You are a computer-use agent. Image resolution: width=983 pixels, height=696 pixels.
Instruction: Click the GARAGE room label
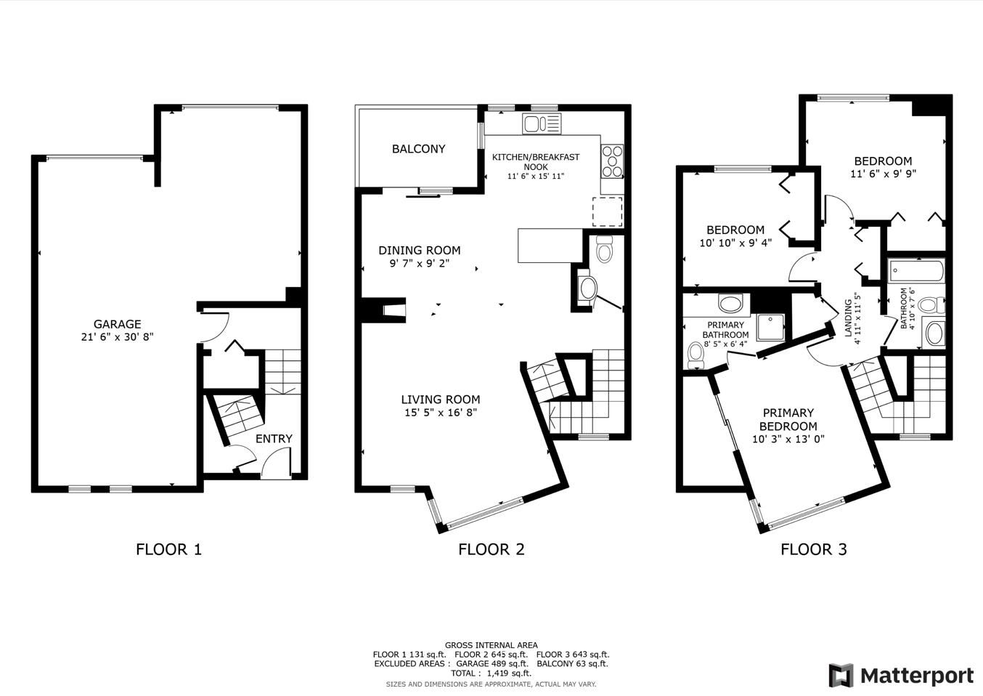(x=117, y=324)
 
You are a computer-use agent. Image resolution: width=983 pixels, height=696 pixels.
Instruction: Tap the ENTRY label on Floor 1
(x=274, y=439)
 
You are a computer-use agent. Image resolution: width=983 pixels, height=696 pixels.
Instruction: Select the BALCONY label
(x=419, y=149)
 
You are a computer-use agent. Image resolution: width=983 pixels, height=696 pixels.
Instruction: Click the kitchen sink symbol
(x=542, y=124)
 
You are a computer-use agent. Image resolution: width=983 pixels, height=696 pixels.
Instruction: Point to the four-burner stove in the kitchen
(x=612, y=161)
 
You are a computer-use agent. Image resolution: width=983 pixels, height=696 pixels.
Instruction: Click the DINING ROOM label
(x=420, y=251)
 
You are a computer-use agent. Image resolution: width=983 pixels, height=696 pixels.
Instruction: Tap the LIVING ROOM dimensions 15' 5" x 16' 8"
(x=441, y=413)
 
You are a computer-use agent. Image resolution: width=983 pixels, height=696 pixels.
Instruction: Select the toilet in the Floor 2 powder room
(x=605, y=249)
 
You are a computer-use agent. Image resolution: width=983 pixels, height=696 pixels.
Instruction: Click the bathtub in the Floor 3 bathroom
(x=916, y=270)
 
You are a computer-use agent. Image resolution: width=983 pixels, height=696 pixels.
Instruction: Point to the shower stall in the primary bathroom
(x=770, y=328)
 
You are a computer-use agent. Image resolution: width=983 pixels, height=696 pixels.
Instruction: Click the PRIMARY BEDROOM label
(x=788, y=419)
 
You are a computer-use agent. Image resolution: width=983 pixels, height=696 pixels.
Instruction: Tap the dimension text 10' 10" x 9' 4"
(x=735, y=243)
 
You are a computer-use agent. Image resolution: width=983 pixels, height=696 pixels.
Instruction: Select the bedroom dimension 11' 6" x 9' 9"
(x=884, y=174)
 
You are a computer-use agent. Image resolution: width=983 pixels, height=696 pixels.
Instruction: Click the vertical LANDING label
(x=848, y=318)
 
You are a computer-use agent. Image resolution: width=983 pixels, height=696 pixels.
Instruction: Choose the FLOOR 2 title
(x=491, y=549)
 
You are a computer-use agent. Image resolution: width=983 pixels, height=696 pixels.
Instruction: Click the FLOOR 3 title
(x=814, y=549)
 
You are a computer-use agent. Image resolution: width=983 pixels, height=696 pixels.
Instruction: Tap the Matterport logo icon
(x=841, y=676)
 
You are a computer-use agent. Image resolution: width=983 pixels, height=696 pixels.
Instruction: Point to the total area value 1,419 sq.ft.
(x=510, y=673)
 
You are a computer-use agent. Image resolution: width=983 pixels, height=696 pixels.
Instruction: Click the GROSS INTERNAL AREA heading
(x=491, y=645)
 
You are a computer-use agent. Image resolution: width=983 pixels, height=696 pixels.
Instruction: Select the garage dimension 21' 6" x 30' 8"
(x=117, y=337)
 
